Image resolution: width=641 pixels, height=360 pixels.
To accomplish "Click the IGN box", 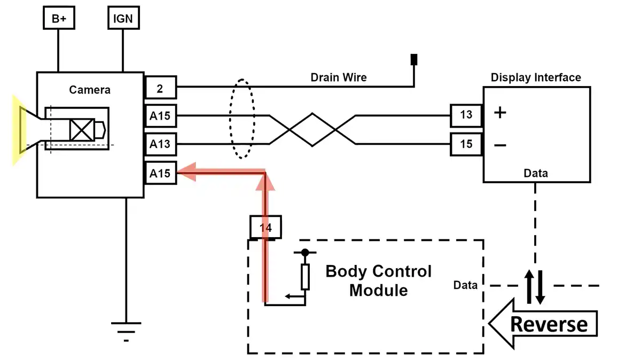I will [x=123, y=19].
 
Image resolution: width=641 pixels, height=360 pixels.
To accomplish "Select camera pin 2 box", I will [x=161, y=88].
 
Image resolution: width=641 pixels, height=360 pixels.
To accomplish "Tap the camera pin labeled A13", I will [x=161, y=144].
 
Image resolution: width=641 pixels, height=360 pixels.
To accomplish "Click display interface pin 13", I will [x=466, y=114].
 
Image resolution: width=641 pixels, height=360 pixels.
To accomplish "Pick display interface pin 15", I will [x=466, y=144].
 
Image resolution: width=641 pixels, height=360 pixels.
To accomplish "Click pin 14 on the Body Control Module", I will [x=266, y=228].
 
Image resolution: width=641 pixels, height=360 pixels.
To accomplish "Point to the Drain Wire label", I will [x=339, y=77].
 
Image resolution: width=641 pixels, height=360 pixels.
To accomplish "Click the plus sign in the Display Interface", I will [x=500, y=113].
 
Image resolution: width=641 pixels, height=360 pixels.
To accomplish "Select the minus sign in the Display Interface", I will [x=500, y=145].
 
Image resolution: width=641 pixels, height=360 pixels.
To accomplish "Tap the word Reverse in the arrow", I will [x=549, y=324].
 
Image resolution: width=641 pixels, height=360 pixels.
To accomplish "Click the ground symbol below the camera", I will [x=127, y=328].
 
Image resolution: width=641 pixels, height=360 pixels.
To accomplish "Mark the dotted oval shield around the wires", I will [x=243, y=119].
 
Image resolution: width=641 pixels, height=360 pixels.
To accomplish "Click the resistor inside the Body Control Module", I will [x=305, y=277].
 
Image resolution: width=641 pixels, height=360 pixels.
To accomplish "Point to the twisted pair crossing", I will [x=312, y=129].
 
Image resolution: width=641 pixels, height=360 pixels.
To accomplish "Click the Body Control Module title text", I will [x=378, y=280].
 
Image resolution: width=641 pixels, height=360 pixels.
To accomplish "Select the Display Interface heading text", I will [x=536, y=77].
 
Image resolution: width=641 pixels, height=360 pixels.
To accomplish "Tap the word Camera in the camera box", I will [x=90, y=89].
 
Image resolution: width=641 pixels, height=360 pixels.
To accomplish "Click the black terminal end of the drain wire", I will [x=413, y=59].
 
